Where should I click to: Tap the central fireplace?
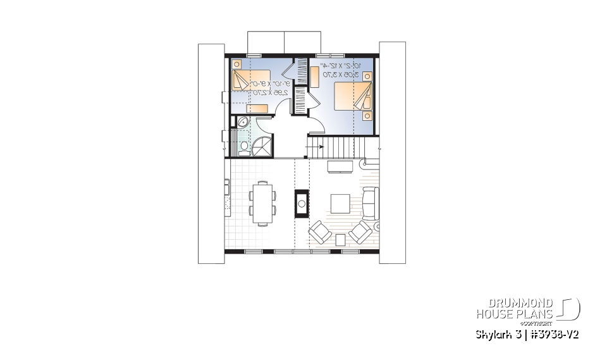pos(302,203)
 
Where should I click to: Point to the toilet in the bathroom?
pos(244,147)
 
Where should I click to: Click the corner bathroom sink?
pos(241,122)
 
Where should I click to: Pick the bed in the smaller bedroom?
pos(244,80)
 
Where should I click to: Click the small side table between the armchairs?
pos(340,239)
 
